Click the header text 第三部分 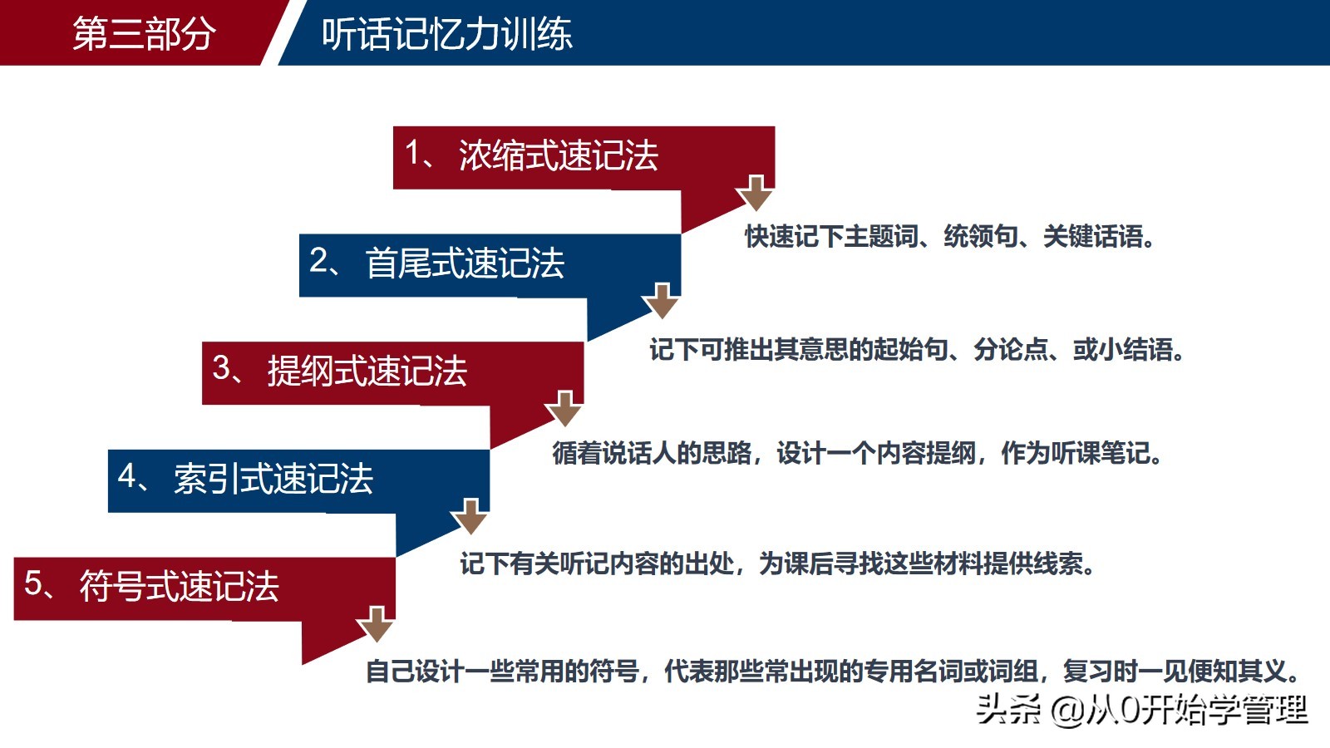pyautogui.click(x=144, y=33)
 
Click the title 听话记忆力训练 pyautogui.click(x=447, y=33)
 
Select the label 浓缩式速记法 pyautogui.click(x=558, y=155)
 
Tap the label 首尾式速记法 pyautogui.click(x=465, y=263)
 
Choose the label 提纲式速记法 pyautogui.click(x=367, y=371)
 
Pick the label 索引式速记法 pyautogui.click(x=273, y=479)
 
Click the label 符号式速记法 pyautogui.click(x=180, y=586)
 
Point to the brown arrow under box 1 pyautogui.click(x=755, y=193)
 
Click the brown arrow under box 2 pyautogui.click(x=661, y=301)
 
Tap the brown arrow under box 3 pyautogui.click(x=564, y=408)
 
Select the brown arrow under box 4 pyautogui.click(x=470, y=516)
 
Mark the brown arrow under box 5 pyautogui.click(x=376, y=624)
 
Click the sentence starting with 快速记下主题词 pyautogui.click(x=950, y=236)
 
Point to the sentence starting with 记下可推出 pyautogui.click(x=917, y=349)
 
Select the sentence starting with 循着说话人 pyautogui.click(x=857, y=453)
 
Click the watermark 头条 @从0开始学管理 pyautogui.click(x=1142, y=710)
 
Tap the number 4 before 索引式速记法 pyautogui.click(x=127, y=475)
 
